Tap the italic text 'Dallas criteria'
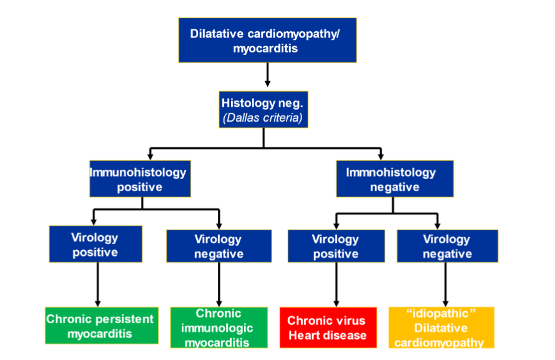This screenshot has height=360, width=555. tap(263, 117)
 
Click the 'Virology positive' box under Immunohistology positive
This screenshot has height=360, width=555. tap(95, 245)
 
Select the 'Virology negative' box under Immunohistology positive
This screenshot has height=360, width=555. tap(219, 246)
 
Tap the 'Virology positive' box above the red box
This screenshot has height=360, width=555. tap(336, 246)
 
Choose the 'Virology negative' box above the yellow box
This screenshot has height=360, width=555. tap(447, 246)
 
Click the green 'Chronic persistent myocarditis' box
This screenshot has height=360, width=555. tap(100, 326)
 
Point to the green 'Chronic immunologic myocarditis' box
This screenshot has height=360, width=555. tap(219, 327)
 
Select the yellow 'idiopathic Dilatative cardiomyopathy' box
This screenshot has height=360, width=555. tap(441, 328)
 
